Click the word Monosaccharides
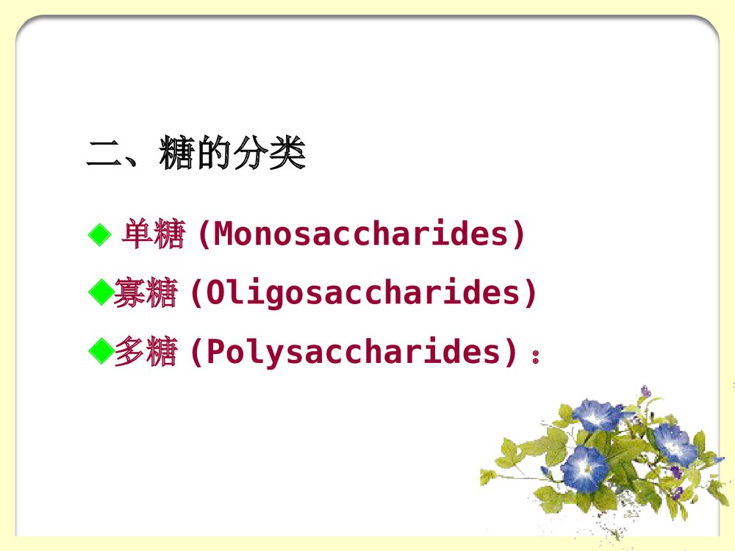pos(361,235)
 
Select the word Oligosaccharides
pos(363,294)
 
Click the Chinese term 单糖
pos(152,235)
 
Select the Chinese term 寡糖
pos(146,294)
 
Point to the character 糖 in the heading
pos(177,156)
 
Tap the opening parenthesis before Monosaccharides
pos(204,235)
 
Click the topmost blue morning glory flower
pos(597,415)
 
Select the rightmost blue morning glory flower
pos(675,443)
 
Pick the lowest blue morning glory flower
pos(584,468)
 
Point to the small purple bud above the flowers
pos(645,392)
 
